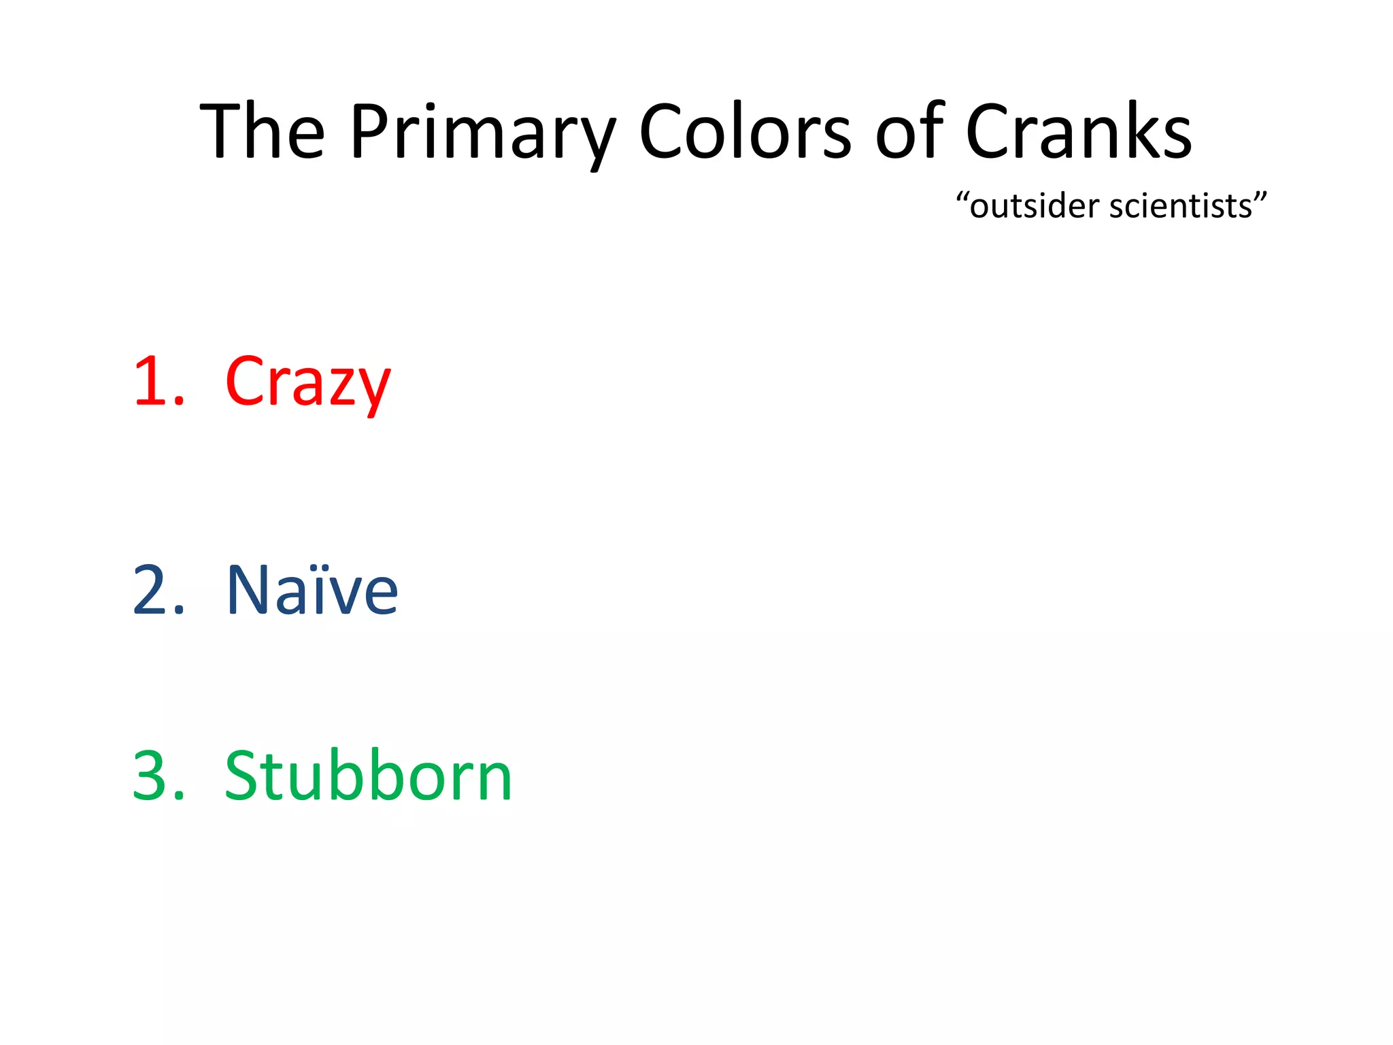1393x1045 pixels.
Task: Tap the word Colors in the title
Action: point(744,133)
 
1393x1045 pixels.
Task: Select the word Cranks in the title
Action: point(1078,133)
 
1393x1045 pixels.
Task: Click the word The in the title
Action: point(263,133)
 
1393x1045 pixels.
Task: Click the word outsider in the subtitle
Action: point(1034,206)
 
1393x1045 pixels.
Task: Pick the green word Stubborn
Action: point(367,777)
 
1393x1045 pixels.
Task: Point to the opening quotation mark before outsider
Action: point(962,198)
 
